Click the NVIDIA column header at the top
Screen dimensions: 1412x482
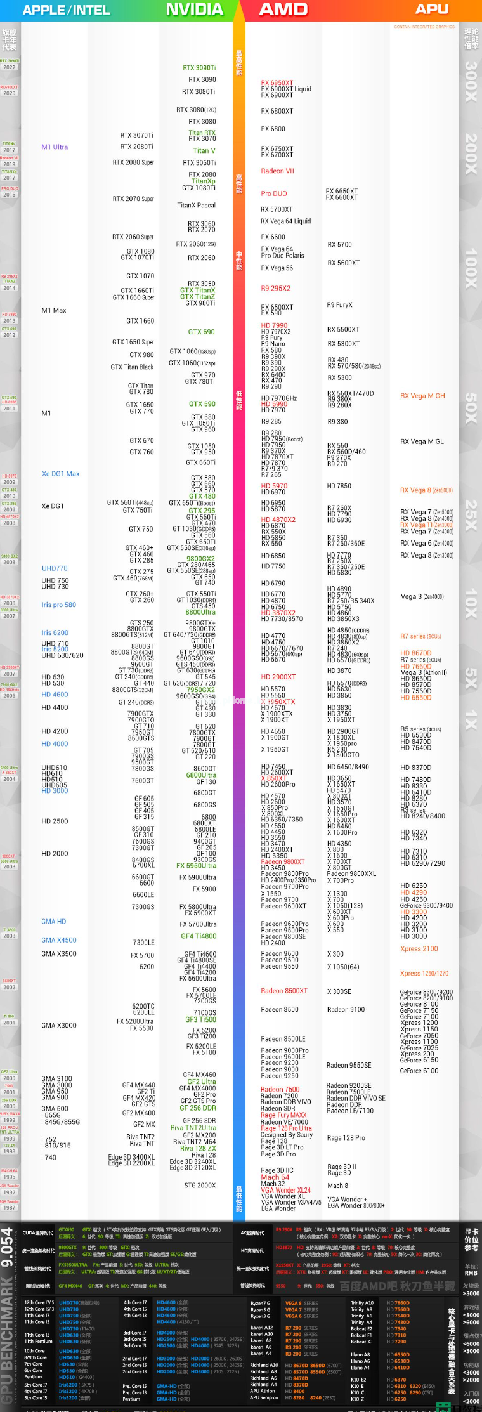click(x=195, y=10)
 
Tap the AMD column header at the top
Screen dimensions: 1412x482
click(x=283, y=10)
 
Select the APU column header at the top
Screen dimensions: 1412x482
click(x=432, y=9)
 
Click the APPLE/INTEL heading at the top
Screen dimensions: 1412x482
click(x=67, y=10)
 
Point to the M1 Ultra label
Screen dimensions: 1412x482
click(x=55, y=147)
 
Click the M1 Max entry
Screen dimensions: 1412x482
click(x=54, y=311)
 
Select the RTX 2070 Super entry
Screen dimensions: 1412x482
click(x=133, y=199)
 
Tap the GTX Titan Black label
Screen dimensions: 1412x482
click(x=132, y=367)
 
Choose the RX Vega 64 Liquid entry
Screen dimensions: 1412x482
click(x=285, y=221)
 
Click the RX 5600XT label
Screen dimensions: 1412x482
click(x=343, y=263)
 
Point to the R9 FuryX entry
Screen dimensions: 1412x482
click(x=339, y=305)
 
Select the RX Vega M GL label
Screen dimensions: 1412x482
click(x=422, y=442)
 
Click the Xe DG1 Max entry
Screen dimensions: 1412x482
click(x=60, y=474)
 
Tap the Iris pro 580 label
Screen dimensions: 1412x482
click(x=58, y=605)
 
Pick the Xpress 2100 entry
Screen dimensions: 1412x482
click(x=419, y=949)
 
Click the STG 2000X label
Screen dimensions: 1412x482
click(x=200, y=1186)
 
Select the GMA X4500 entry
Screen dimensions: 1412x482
click(x=59, y=941)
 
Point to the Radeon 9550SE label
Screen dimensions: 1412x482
click(x=349, y=1066)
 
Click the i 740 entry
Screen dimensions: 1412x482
click(x=49, y=1158)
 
